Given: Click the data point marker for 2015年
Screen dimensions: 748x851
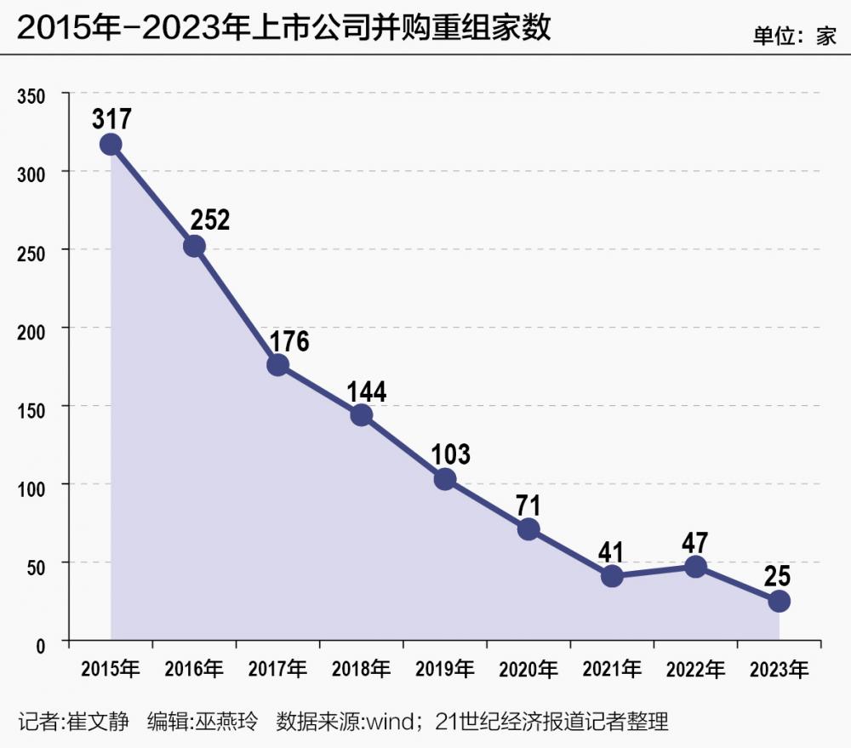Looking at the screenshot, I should click(111, 144).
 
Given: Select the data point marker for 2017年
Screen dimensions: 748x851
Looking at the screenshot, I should click(277, 365).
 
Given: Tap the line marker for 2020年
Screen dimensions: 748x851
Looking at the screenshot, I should click(528, 529).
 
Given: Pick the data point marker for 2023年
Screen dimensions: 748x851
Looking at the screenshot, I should click(779, 601).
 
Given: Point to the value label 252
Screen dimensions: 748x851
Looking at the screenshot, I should click(209, 220).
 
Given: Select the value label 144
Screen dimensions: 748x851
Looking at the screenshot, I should click(367, 391).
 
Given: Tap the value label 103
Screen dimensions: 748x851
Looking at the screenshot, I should click(450, 454).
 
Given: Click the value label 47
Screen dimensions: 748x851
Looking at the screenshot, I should click(695, 543).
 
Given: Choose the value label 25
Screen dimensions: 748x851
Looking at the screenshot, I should click(778, 576).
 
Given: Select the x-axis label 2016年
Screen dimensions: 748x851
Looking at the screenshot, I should click(194, 670).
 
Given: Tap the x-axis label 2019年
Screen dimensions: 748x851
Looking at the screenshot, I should click(444, 670).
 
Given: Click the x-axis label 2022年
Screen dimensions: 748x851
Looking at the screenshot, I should click(695, 670).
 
